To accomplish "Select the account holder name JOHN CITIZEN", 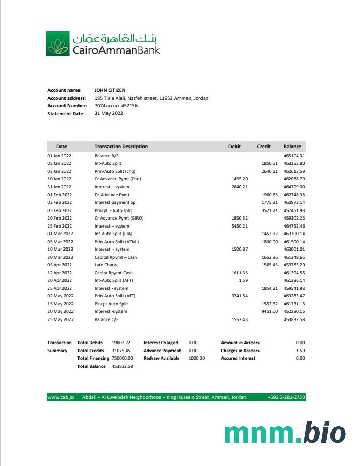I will [110, 90].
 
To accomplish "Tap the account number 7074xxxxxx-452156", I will [116, 106].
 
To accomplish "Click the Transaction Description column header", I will [121, 147].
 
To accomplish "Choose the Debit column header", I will [234, 147].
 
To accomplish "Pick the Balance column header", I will [293, 147].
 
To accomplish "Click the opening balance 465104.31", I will [294, 156].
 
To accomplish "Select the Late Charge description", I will [106, 265].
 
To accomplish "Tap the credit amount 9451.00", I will [269, 311].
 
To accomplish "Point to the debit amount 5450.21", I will [239, 226].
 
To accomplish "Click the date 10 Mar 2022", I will [60, 249].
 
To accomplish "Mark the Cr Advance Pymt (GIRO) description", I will [119, 218].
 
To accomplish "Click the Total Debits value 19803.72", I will [121, 343].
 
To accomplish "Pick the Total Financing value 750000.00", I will [123, 358].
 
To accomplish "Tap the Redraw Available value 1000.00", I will [197, 358].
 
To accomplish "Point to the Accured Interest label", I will [238, 358].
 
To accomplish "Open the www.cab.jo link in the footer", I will [61, 397].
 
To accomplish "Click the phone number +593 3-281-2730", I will [286, 397].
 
